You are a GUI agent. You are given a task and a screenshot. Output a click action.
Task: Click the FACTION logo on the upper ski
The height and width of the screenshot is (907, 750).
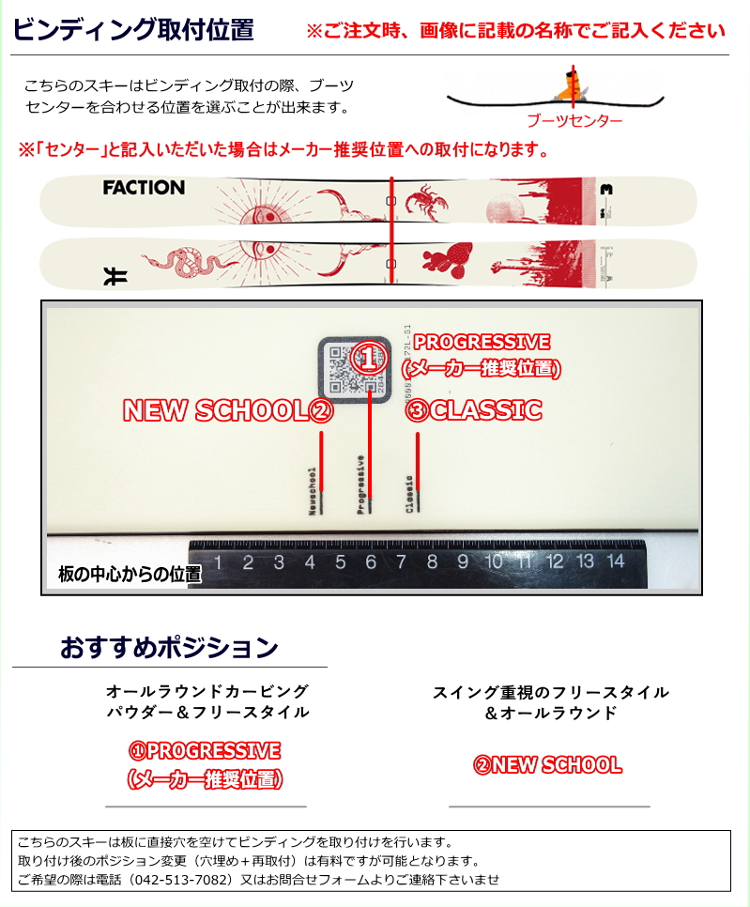pyautogui.click(x=144, y=188)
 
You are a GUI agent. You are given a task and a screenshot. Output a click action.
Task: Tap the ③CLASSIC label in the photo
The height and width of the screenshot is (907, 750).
pyautogui.click(x=474, y=410)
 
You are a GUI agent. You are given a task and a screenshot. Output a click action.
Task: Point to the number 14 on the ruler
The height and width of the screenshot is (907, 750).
pyautogui.click(x=615, y=561)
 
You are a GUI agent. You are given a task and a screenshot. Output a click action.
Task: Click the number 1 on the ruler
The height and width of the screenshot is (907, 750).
pyautogui.click(x=218, y=562)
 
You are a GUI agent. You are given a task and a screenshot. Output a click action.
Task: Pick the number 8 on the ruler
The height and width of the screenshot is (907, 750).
pyautogui.click(x=432, y=562)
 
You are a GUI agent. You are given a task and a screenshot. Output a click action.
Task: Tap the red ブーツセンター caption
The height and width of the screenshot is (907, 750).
pyautogui.click(x=574, y=120)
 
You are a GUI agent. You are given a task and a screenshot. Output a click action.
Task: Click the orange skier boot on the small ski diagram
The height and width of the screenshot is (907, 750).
pyautogui.click(x=570, y=87)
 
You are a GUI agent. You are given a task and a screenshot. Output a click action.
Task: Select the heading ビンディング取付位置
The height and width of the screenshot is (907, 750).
pyautogui.click(x=133, y=30)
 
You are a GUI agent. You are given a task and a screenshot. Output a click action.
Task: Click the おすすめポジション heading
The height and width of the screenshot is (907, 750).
pyautogui.click(x=169, y=648)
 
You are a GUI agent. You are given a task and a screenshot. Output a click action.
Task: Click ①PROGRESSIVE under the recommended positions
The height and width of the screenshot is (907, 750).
pyautogui.click(x=205, y=751)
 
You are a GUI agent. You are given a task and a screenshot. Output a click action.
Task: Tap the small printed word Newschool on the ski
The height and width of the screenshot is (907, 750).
pyautogui.click(x=313, y=491)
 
